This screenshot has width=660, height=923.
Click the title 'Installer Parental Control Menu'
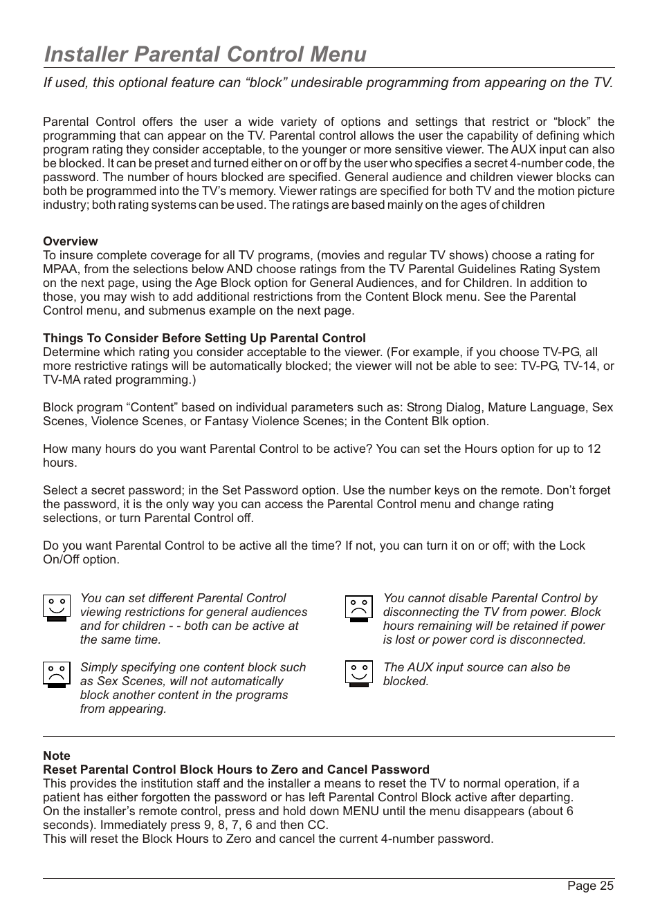[x=205, y=54]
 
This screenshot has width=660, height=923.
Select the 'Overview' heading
[x=71, y=241]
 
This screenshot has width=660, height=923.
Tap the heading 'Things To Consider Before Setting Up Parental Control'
[x=204, y=338]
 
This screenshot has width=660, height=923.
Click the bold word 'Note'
[x=57, y=756]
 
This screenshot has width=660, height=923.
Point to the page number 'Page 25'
[x=590, y=886]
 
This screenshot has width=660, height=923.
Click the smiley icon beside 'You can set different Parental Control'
[x=57, y=608]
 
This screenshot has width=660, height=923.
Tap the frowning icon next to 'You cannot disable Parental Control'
[x=359, y=608]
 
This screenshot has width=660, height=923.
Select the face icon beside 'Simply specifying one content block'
[x=57, y=674]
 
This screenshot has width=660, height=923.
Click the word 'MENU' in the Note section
[x=360, y=811]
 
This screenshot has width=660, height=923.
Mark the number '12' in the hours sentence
[x=594, y=449]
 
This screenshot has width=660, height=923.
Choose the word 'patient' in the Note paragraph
[x=62, y=797]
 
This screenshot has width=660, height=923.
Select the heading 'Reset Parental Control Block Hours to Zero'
[x=236, y=770]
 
